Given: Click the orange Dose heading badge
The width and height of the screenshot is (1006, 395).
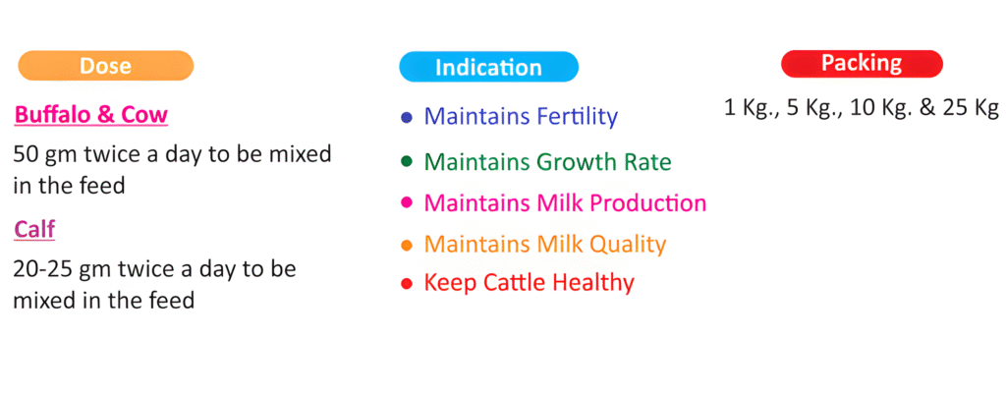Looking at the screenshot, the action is pos(106,66).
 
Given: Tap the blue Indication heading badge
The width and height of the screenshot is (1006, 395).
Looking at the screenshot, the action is pos(488,67).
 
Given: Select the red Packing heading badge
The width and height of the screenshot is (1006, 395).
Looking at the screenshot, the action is pos(862,64).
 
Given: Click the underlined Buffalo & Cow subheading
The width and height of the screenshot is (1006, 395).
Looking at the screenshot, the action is pos(91,115).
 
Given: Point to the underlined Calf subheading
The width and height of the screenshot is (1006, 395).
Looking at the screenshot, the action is pos(34,230).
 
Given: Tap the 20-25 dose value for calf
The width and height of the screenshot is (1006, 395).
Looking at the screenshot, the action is pos(42,269).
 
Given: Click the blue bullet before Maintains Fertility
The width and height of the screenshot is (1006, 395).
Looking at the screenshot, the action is pos(406,117).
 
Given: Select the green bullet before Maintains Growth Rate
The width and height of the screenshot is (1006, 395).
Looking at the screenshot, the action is pos(406,161).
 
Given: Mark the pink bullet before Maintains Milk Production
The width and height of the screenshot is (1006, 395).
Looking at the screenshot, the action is pos(406,203).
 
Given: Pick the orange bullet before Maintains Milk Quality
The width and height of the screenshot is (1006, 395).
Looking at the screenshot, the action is pos(406,245).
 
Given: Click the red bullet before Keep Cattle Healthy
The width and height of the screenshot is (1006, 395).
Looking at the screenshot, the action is pos(406,283).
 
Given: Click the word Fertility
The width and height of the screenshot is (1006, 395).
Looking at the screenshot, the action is pos(577,117).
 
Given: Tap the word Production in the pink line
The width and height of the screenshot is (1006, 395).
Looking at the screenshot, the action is pos(648,203).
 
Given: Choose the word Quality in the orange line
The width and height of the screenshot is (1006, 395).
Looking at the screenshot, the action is pos(628,245).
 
